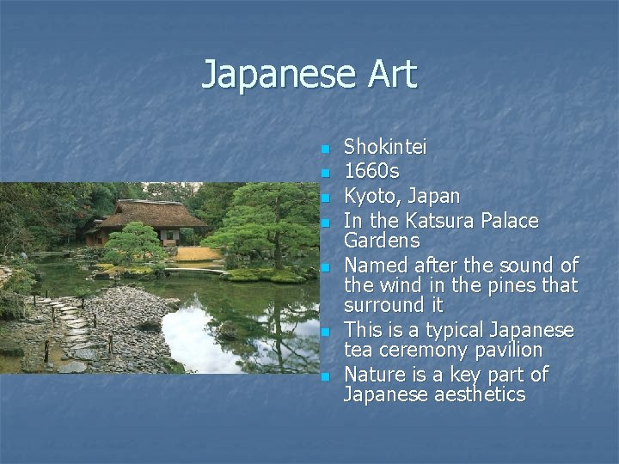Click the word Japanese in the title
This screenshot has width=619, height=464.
click(x=276, y=75)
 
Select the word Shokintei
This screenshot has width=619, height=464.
click(x=385, y=148)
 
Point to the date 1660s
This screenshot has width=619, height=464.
click(x=371, y=172)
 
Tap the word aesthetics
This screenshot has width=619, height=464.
click(x=477, y=394)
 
